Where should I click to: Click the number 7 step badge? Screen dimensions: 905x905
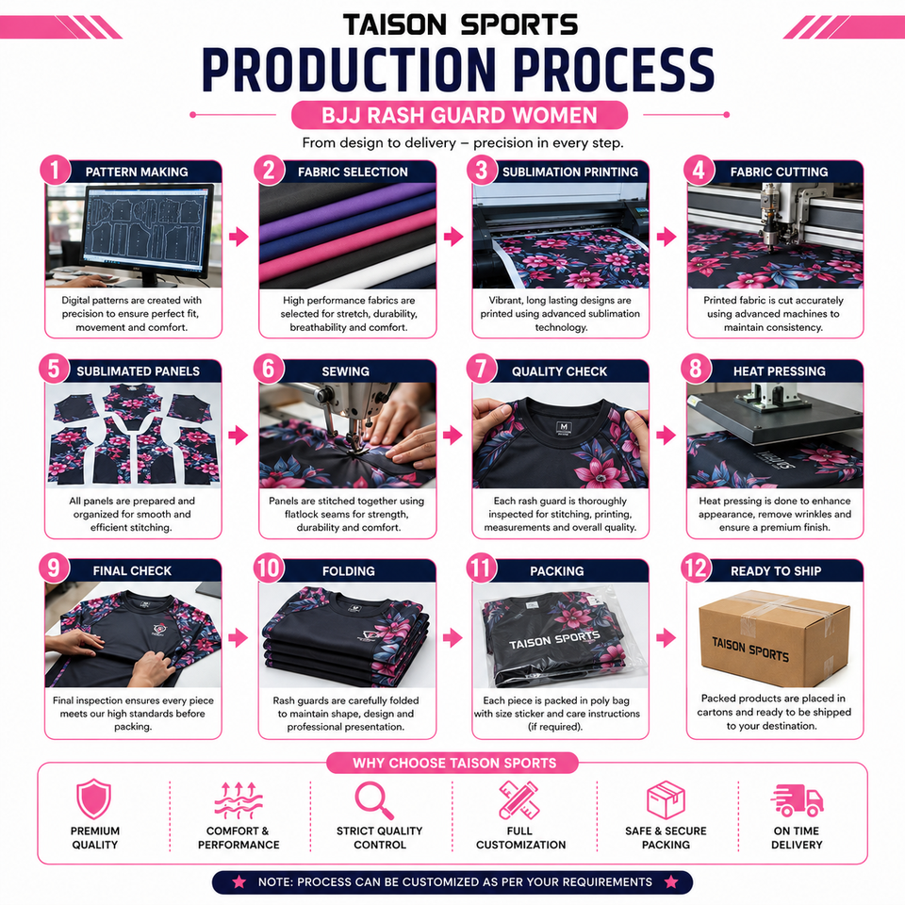(482, 369)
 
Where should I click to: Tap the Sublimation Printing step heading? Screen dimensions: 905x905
(570, 172)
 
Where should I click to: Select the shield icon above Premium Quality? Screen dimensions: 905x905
(93, 798)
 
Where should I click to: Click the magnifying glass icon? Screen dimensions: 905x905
(374, 800)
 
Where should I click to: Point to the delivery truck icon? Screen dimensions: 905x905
(797, 800)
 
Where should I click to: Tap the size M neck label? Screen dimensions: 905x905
(564, 428)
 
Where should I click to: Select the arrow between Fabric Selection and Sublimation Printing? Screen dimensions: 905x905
(453, 236)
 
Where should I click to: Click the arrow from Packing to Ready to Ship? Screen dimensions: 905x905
(666, 638)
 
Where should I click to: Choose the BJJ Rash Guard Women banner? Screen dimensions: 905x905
(459, 115)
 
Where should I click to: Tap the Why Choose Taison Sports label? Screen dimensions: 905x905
(454, 763)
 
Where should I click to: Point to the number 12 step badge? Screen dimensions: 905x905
(696, 568)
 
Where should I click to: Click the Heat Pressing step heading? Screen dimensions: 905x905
(780, 371)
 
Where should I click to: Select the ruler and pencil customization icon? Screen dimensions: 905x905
(518, 800)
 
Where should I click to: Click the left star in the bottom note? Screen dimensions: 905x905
(239, 882)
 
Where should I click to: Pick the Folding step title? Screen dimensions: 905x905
(349, 571)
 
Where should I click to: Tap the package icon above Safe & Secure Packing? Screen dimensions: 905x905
(666, 800)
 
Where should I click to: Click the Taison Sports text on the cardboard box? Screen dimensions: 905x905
(750, 650)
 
